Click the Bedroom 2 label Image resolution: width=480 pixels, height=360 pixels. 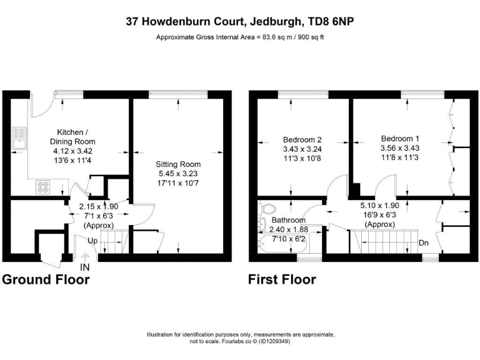pos(302,139)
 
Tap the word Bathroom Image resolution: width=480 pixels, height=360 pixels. pos(289,221)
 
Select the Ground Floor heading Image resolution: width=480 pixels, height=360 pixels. pos(46,279)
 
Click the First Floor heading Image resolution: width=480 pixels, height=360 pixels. pos(282,279)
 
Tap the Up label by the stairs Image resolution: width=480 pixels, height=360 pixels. pos(92,241)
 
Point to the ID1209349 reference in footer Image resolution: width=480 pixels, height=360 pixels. pos(273,342)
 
